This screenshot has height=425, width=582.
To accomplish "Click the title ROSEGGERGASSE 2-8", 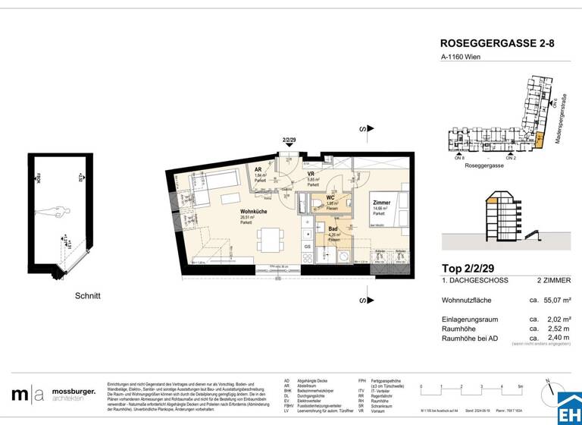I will coord(497,45).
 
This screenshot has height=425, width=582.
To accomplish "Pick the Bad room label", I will coord(333,228).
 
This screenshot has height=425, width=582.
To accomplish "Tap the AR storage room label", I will coord(258,170).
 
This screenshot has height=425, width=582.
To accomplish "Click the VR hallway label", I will coord(311,174).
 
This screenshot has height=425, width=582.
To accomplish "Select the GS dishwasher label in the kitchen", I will coord(307,247).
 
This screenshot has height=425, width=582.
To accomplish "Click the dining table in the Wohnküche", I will coord(269,239).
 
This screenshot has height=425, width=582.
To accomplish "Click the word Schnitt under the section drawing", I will coord(87,295).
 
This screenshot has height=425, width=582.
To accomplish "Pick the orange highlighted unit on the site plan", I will coord(540,140).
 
